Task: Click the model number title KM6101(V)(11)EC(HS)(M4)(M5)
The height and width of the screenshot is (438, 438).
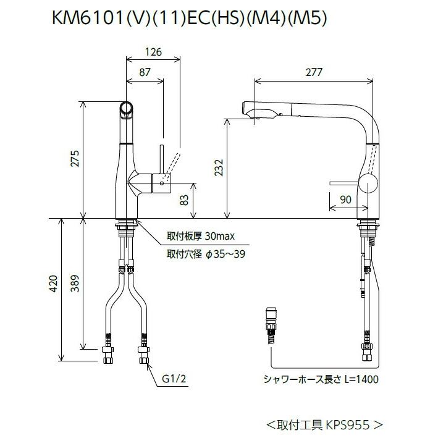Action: tap(188, 19)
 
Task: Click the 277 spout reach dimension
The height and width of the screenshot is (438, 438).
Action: tap(314, 72)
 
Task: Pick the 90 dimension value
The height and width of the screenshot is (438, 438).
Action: tap(345, 199)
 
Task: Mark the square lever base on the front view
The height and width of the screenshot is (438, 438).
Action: tap(162, 183)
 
